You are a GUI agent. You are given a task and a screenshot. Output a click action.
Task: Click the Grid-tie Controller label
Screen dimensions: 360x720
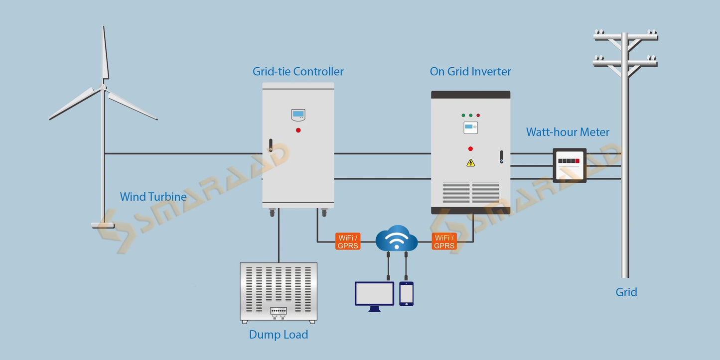298,72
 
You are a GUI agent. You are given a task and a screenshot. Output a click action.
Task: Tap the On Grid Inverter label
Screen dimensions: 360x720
470,72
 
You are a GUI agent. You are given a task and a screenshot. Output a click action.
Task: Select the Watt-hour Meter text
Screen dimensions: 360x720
568,132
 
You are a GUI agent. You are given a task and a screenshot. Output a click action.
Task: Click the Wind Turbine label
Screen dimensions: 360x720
153,197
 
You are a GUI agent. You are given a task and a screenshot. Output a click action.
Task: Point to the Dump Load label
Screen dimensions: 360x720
278,335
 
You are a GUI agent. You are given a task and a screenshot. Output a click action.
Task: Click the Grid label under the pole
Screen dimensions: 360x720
626,292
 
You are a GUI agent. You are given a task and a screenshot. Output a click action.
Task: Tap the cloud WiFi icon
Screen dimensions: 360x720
396,240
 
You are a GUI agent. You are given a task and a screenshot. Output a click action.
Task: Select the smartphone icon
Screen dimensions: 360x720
406,293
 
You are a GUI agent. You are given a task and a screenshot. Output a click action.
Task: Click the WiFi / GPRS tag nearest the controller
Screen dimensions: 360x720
347,241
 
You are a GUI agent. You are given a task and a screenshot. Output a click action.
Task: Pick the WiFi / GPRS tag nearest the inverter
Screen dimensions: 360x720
444,241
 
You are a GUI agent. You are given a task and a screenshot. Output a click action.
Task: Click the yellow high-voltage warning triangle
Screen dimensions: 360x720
470,162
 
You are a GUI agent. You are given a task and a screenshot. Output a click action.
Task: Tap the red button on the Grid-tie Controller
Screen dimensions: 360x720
298,130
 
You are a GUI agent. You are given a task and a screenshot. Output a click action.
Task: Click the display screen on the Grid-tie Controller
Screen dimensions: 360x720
298,115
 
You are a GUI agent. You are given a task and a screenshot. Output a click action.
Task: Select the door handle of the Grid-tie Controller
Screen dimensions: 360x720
271,145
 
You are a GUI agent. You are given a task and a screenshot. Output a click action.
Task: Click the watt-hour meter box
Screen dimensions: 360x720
569,165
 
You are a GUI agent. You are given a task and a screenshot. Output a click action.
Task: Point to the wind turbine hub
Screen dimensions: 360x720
104,88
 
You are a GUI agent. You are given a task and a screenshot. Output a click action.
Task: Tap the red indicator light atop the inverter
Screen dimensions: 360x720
478,115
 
